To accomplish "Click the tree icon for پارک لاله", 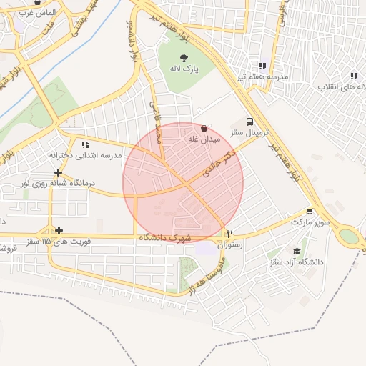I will click(184, 57).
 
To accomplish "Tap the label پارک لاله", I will click(184, 69).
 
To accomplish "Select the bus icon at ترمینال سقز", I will click(249, 122).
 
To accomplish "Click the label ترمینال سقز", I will click(249, 133).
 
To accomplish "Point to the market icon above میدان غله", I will click(204, 129).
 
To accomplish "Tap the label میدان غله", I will click(202, 139).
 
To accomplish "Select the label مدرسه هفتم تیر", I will click(264, 76).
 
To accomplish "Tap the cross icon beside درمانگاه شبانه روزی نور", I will click(58, 173).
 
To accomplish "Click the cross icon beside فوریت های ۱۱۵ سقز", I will click(59, 230).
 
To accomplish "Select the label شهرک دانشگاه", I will click(167, 237).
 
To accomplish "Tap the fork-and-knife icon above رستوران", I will click(229, 234).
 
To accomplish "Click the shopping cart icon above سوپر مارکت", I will click(309, 212).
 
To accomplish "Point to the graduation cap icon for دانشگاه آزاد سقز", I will click(297, 251).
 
